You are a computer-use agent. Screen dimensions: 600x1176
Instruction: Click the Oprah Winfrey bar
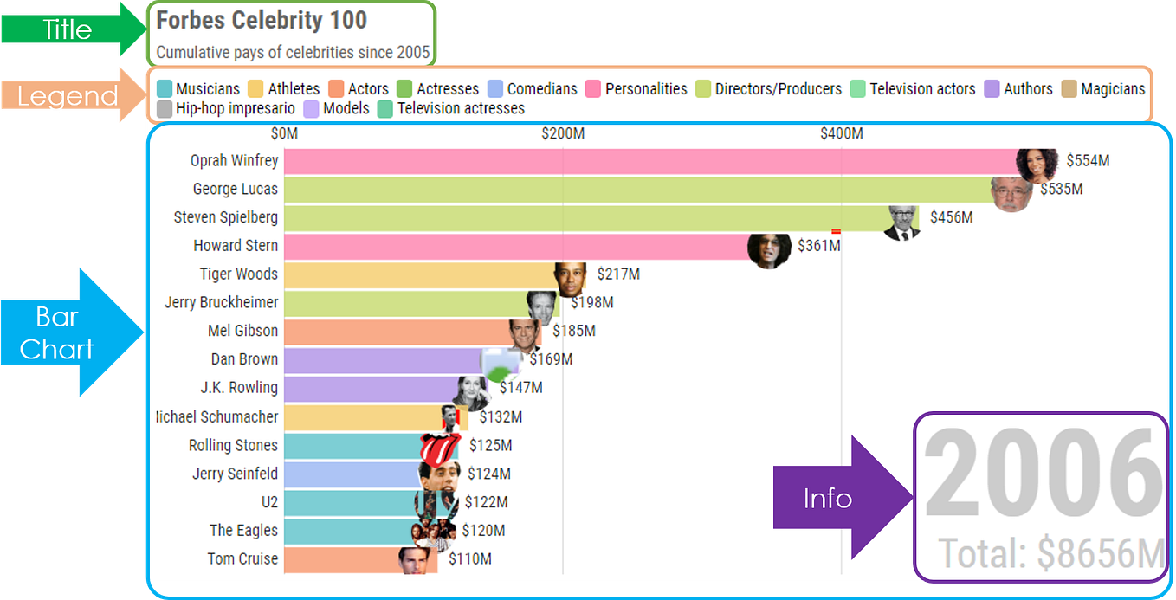(x=649, y=161)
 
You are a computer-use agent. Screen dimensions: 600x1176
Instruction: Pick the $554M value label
(x=1088, y=160)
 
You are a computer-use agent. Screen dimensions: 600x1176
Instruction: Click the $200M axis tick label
(x=563, y=133)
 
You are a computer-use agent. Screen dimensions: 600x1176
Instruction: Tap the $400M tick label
(x=842, y=133)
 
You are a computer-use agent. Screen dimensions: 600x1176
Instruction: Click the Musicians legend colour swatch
(x=164, y=89)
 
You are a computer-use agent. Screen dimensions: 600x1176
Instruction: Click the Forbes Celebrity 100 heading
(x=262, y=21)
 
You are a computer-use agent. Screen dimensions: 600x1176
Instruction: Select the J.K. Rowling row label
(x=238, y=388)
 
